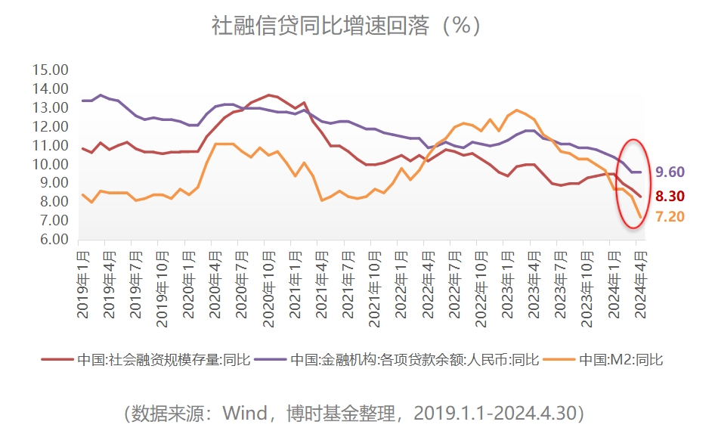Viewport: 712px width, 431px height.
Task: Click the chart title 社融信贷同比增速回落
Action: coord(345,26)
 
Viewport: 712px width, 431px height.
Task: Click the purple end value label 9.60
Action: coord(670,172)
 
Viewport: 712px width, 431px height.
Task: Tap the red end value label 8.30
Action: coord(670,196)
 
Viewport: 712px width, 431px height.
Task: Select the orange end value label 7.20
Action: coord(670,216)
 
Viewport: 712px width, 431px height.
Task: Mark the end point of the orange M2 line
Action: coord(641,218)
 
